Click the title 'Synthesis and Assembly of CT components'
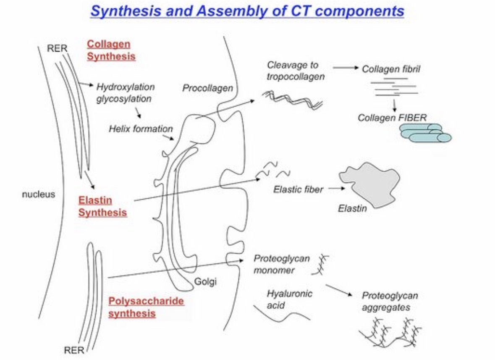[247, 11]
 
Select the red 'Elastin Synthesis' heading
[102, 206]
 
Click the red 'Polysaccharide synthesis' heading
[146, 307]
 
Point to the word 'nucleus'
[38, 194]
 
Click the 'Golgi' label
[205, 282]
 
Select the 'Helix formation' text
[141, 129]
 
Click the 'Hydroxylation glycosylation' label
[125, 93]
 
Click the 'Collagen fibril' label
[390, 69]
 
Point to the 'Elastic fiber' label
[298, 189]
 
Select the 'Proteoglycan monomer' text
[281, 264]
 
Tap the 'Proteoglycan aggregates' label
[390, 301]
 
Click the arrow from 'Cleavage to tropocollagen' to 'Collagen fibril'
[345, 67]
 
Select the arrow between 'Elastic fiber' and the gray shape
[336, 189]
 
